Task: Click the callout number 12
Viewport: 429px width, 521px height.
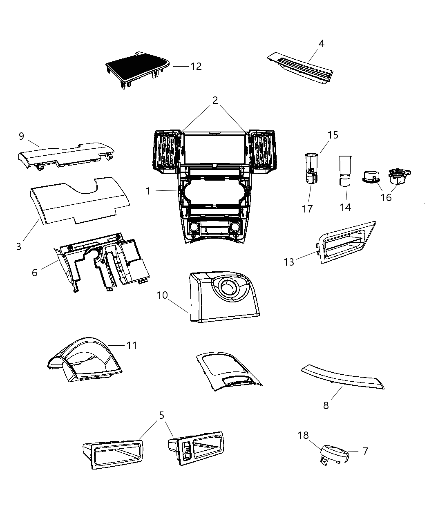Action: tap(196, 66)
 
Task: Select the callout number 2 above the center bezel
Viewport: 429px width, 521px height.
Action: tap(215, 100)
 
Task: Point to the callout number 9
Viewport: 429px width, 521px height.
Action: tap(22, 136)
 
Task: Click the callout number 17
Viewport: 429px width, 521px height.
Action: tap(307, 209)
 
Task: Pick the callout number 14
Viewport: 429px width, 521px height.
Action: tap(345, 207)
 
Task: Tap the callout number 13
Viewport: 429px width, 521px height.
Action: tap(289, 262)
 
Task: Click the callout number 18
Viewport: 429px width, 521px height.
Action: tap(303, 435)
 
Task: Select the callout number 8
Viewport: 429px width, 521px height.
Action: tap(326, 405)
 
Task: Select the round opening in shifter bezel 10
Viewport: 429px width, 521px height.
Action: tap(229, 288)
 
